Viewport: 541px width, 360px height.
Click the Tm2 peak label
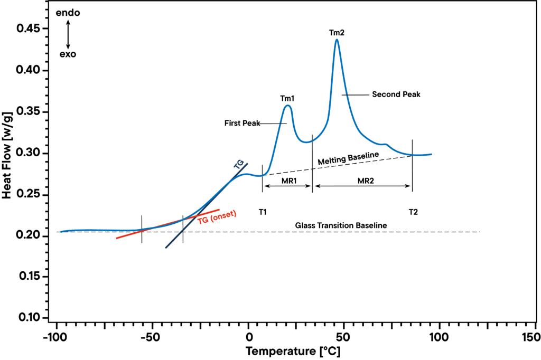[x=337, y=33]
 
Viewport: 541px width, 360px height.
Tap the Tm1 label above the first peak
[x=287, y=98]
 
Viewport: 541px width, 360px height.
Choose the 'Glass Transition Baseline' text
[x=341, y=225]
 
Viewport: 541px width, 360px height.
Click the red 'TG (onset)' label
[x=217, y=217]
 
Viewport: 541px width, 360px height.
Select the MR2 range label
[x=366, y=181]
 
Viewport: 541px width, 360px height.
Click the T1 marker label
[x=263, y=212]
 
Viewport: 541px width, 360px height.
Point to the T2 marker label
[x=413, y=212]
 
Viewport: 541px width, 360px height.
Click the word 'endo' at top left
[x=68, y=13]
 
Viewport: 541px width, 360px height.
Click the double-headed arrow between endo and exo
[x=68, y=33]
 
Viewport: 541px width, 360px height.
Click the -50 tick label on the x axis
[x=151, y=337]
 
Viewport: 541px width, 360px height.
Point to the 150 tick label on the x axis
[x=535, y=337]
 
